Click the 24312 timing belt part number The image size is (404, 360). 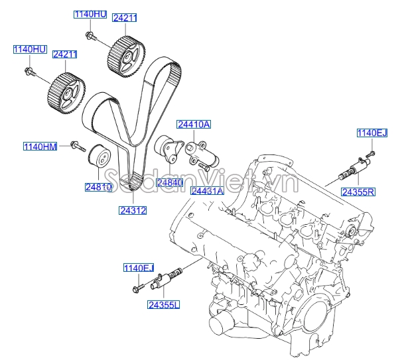(133, 210)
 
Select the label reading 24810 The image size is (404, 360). (98, 188)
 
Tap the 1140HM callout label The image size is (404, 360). (40, 146)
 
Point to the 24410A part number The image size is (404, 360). (193, 125)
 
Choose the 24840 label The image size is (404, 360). (169, 182)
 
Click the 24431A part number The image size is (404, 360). (207, 191)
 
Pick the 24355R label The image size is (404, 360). (358, 192)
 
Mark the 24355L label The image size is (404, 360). (164, 305)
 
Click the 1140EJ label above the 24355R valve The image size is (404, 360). (371, 133)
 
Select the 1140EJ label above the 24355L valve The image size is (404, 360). (138, 268)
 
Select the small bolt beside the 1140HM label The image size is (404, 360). (77, 145)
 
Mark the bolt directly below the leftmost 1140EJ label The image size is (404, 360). (137, 287)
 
